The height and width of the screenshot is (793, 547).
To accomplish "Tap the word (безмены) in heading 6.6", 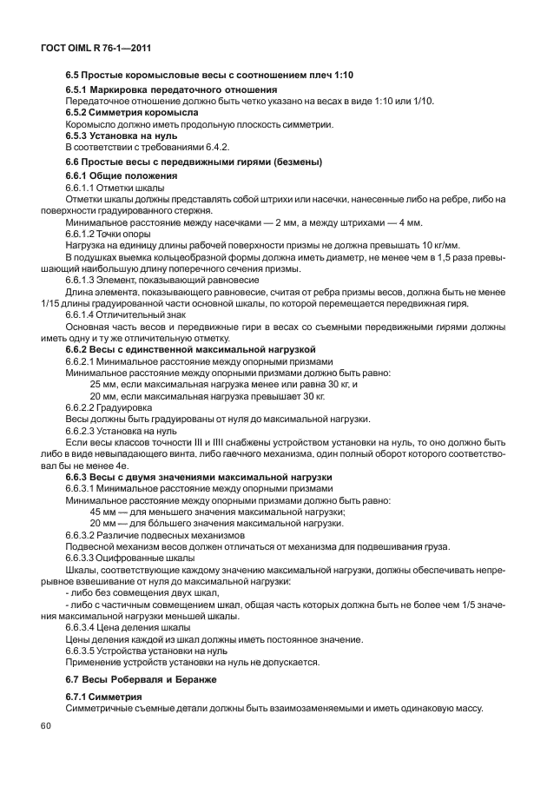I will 293,162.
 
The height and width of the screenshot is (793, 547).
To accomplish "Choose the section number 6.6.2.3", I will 84,430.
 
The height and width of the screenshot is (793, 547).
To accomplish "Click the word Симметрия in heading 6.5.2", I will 116,113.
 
